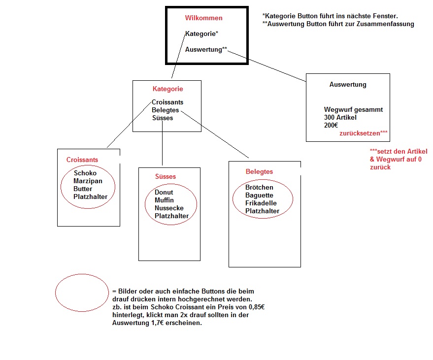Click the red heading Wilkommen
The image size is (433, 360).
pos(203,18)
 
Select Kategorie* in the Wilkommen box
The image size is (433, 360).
pos(201,34)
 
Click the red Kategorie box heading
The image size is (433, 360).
pos(167,89)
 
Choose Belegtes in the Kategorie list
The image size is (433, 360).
pos(166,110)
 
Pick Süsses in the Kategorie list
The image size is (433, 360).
pos(163,118)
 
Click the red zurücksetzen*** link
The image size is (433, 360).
pos(364,133)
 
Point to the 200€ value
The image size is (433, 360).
pos(332,126)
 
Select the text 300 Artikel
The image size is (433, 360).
pos(340,118)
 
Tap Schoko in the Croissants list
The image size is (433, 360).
pos(85,173)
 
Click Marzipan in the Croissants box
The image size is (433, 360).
pos(88,181)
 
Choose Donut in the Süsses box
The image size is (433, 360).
pos(164,193)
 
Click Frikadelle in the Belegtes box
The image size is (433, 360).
pos(261,203)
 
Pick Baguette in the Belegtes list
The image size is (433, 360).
pos(259,196)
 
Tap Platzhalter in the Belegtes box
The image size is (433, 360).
pos(263,211)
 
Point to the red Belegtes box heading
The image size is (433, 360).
pos(259,172)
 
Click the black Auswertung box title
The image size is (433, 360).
pos(348,85)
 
